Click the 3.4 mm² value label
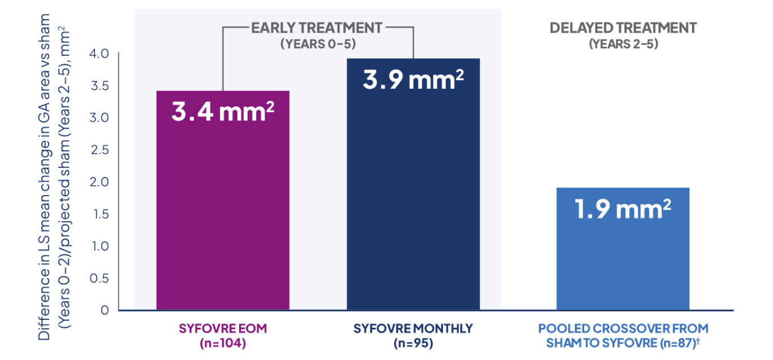(222, 112)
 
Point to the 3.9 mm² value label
(413, 80)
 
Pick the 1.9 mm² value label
(623, 209)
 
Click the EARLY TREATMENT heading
(317, 27)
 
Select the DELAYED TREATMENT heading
(623, 28)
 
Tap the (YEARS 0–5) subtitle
(317, 44)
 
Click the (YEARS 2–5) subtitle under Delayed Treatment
(623, 44)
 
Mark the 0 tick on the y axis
(105, 310)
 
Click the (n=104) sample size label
(222, 343)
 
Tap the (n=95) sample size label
(413, 343)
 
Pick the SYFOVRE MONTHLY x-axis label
(413, 328)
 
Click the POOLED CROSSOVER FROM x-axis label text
(623, 328)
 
